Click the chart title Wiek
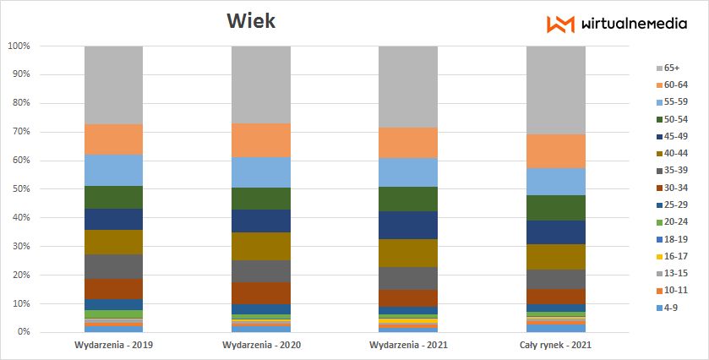pos(250,20)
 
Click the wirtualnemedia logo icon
pos(560,25)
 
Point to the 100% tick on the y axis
pos(19,46)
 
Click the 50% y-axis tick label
pos(21,189)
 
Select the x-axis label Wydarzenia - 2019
pos(113,346)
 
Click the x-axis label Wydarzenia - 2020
pos(261,346)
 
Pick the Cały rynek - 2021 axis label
pos(555,346)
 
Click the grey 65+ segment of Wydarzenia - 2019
pos(113,85)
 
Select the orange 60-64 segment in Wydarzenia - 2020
pos(261,140)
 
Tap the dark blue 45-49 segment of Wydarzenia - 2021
pos(408,225)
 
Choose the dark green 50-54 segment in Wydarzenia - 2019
pos(113,197)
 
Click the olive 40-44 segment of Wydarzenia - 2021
pos(408,253)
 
